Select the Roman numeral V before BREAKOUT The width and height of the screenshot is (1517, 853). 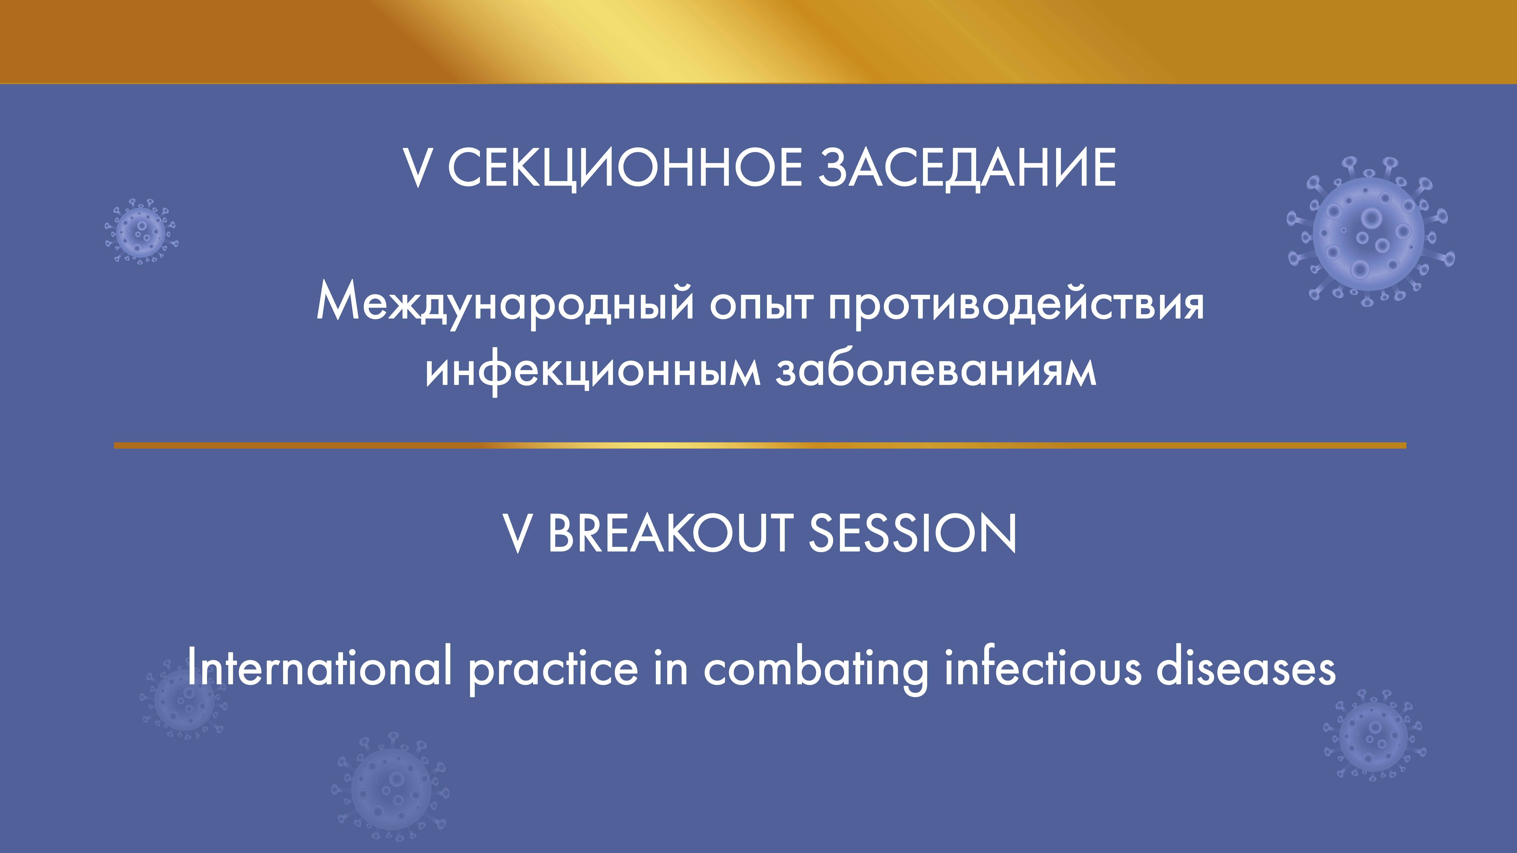point(517,533)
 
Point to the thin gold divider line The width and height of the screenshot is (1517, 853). point(760,445)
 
